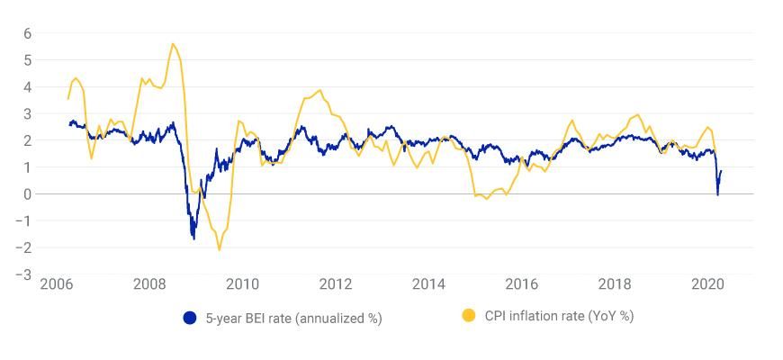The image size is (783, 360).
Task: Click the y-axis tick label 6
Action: [27, 33]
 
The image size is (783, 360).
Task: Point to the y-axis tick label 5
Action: [27, 60]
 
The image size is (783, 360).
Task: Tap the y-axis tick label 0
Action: [27, 194]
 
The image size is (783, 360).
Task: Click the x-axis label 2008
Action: [149, 284]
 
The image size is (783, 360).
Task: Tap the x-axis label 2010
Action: [242, 284]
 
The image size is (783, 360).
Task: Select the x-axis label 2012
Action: [336, 284]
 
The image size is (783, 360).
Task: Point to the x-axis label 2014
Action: [428, 284]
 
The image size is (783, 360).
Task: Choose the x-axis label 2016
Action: [522, 284]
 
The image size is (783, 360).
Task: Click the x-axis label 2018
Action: [615, 284]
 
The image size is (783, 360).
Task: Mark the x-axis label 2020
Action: [708, 284]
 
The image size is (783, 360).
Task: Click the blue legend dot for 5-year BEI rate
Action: [190, 318]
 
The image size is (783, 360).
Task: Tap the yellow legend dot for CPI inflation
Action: [468, 316]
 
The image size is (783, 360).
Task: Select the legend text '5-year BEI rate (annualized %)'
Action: [293, 318]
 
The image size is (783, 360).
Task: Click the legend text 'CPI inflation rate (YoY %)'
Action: [559, 316]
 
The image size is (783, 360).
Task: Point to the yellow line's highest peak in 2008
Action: [173, 44]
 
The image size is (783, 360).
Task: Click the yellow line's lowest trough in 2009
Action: [219, 249]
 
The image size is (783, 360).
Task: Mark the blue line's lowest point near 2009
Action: [193, 238]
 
